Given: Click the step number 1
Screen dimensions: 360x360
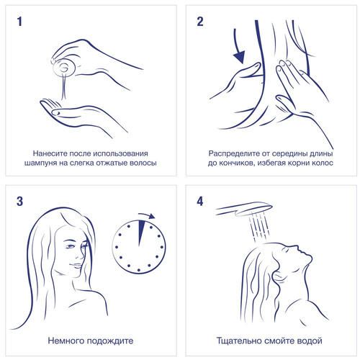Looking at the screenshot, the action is click(19, 22).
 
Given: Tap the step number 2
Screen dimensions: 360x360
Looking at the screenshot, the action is click(200, 22).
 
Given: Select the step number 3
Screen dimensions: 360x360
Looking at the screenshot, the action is click(20, 201).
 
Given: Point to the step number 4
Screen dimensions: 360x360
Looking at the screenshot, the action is click(200, 201).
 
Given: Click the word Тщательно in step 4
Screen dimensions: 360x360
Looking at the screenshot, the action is click(239, 341).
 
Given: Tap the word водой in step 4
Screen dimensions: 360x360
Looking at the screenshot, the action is click(310, 341).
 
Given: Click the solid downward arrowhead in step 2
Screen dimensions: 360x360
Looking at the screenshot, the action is click(240, 57).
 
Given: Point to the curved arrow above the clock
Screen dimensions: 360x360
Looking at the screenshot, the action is click(147, 215).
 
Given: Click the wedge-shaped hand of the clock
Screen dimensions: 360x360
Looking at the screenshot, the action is click(142, 233).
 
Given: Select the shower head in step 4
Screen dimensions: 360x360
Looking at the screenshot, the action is click(243, 208).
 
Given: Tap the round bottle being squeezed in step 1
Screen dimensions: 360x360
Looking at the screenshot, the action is click(64, 68).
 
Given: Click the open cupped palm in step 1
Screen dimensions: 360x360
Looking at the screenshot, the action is click(79, 115).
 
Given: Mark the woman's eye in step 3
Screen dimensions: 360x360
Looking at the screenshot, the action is click(70, 246).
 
